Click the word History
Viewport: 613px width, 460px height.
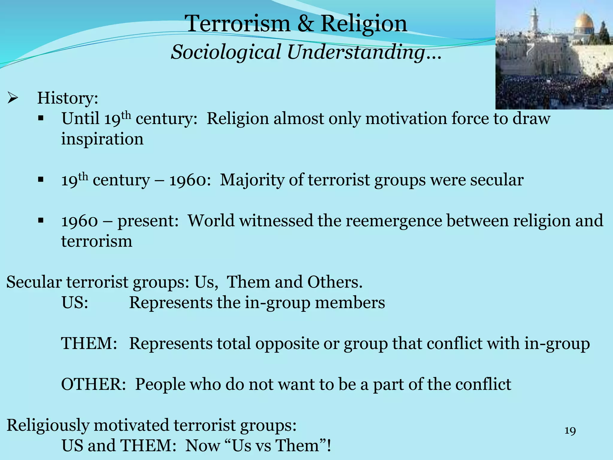click(x=67, y=98)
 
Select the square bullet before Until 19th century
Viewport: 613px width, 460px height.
click(x=41, y=118)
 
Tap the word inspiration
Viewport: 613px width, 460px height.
click(x=102, y=139)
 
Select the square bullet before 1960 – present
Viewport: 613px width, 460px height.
click(x=41, y=221)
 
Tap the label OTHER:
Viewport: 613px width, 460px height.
click(x=93, y=384)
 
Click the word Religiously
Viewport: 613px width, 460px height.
click(x=48, y=425)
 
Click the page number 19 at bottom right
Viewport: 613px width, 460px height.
click(x=570, y=431)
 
